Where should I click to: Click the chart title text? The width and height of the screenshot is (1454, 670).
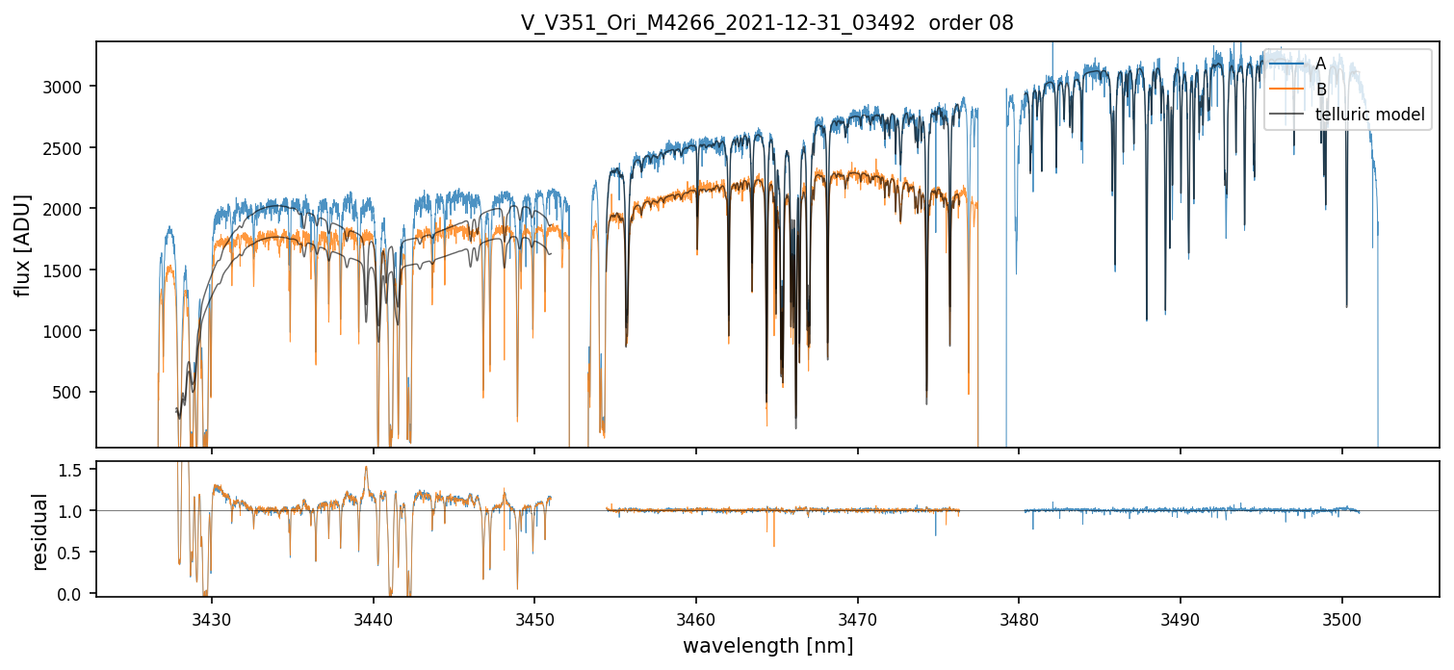(x=766, y=23)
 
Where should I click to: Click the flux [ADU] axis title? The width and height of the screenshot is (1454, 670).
(x=23, y=245)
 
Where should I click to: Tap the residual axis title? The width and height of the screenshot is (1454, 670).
(x=39, y=531)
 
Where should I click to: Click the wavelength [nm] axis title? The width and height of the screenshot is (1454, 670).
(x=767, y=645)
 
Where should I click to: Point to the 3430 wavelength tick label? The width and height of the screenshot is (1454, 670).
(x=212, y=617)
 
